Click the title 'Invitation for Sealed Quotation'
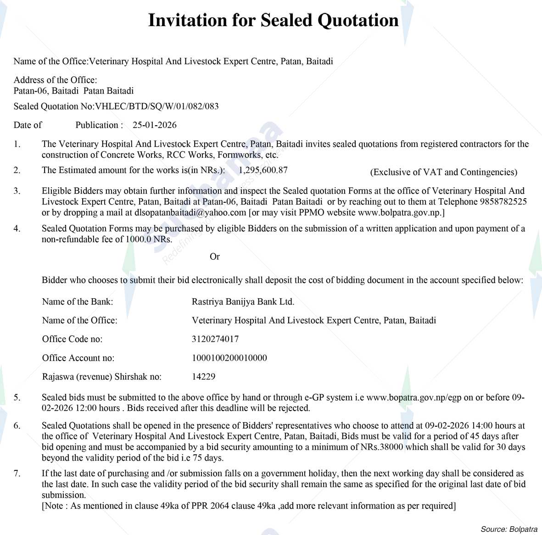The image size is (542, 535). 273,21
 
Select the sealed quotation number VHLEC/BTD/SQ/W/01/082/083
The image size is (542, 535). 156,106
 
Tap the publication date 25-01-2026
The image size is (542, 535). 155,125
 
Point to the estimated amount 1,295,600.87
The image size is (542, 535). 263,170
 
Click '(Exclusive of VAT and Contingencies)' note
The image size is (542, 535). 443,172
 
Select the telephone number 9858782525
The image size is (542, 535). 505,202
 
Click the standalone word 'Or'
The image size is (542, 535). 215,256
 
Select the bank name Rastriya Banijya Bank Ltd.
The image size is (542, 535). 243,302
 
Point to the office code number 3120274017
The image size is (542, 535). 215,339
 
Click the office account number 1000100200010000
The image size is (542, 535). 229,358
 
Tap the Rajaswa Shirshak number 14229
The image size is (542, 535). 203,377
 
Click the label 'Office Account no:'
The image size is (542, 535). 78,358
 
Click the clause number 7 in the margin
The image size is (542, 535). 17,474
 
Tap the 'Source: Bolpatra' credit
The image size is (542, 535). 509,529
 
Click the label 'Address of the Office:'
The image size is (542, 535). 55,80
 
